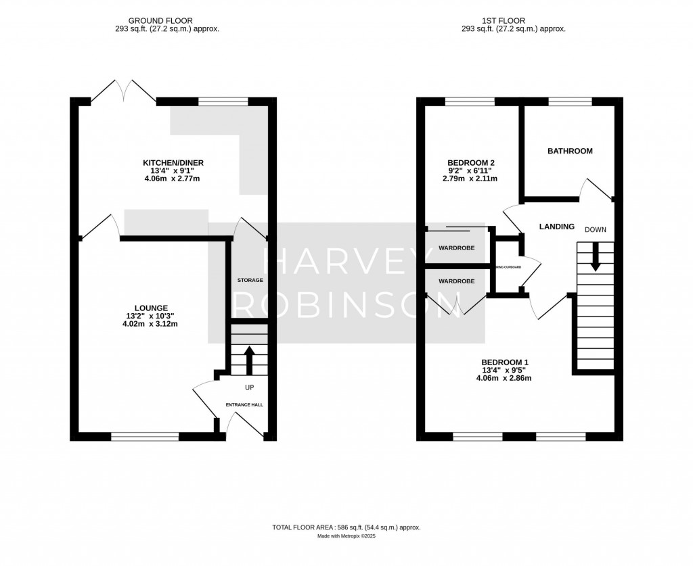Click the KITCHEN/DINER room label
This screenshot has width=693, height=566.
(173, 163)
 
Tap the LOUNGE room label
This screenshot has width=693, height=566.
(150, 307)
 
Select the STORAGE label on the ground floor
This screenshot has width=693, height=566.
(250, 280)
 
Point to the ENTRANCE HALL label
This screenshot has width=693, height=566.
(244, 404)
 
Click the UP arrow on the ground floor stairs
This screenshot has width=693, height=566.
(248, 360)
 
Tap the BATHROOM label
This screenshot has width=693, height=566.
(570, 151)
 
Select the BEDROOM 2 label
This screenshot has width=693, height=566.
(472, 163)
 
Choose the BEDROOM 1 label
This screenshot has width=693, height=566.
(504, 362)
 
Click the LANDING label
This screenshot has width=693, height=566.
(556, 227)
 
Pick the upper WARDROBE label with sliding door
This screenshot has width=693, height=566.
(456, 248)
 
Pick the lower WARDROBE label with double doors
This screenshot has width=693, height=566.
(456, 281)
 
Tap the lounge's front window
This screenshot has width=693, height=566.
(146, 437)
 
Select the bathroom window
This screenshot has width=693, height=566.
(570, 101)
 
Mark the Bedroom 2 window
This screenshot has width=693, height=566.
(470, 101)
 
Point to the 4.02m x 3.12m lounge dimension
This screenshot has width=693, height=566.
(150, 324)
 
